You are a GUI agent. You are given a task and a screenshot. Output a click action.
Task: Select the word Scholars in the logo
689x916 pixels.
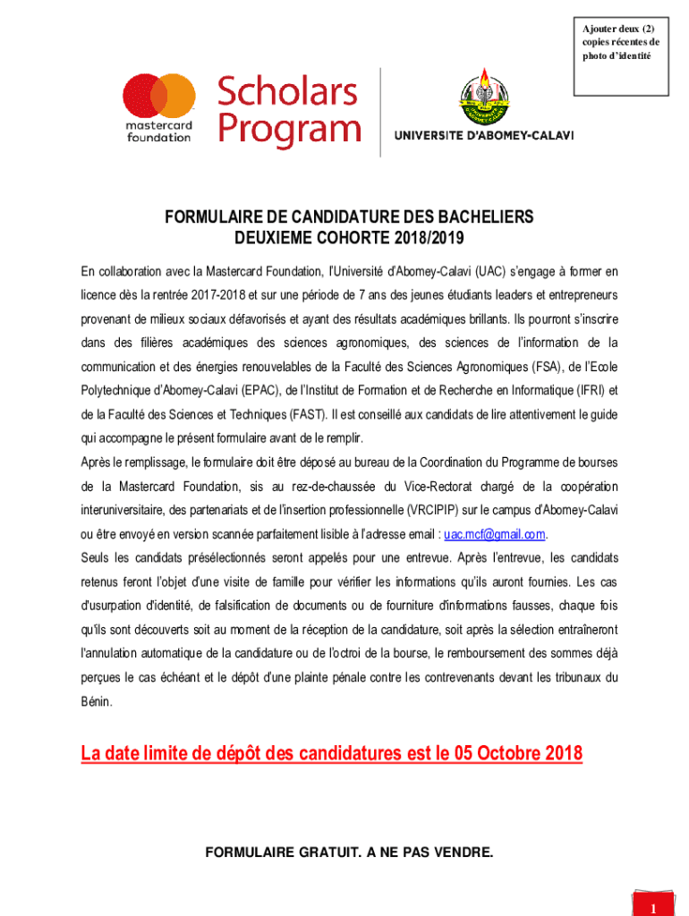pyautogui.click(x=287, y=92)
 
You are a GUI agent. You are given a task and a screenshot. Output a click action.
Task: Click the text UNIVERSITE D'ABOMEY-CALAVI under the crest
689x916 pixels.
pyautogui.click(x=484, y=136)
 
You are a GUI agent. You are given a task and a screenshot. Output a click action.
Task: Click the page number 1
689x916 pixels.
pyautogui.click(x=654, y=907)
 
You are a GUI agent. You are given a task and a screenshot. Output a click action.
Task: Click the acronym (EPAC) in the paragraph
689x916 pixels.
pyautogui.click(x=256, y=391)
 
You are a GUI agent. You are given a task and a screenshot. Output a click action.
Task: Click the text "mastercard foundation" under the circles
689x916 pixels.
pyautogui.click(x=158, y=131)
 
